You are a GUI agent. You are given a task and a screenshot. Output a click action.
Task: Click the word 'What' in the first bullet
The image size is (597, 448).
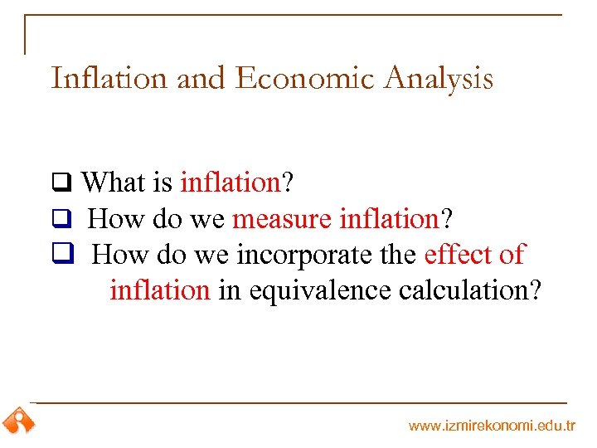(114, 183)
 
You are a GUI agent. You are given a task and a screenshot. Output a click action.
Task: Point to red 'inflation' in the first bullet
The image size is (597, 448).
(231, 183)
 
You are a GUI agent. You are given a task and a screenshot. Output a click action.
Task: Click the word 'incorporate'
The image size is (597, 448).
(307, 255)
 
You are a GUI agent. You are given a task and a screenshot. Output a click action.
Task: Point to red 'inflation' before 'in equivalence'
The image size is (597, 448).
(160, 290)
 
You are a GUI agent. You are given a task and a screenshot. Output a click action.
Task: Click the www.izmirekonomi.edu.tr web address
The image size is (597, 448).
(492, 426)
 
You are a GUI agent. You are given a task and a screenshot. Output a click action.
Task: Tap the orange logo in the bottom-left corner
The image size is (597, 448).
(18, 421)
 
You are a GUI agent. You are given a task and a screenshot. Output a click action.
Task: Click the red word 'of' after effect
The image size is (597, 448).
(512, 255)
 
